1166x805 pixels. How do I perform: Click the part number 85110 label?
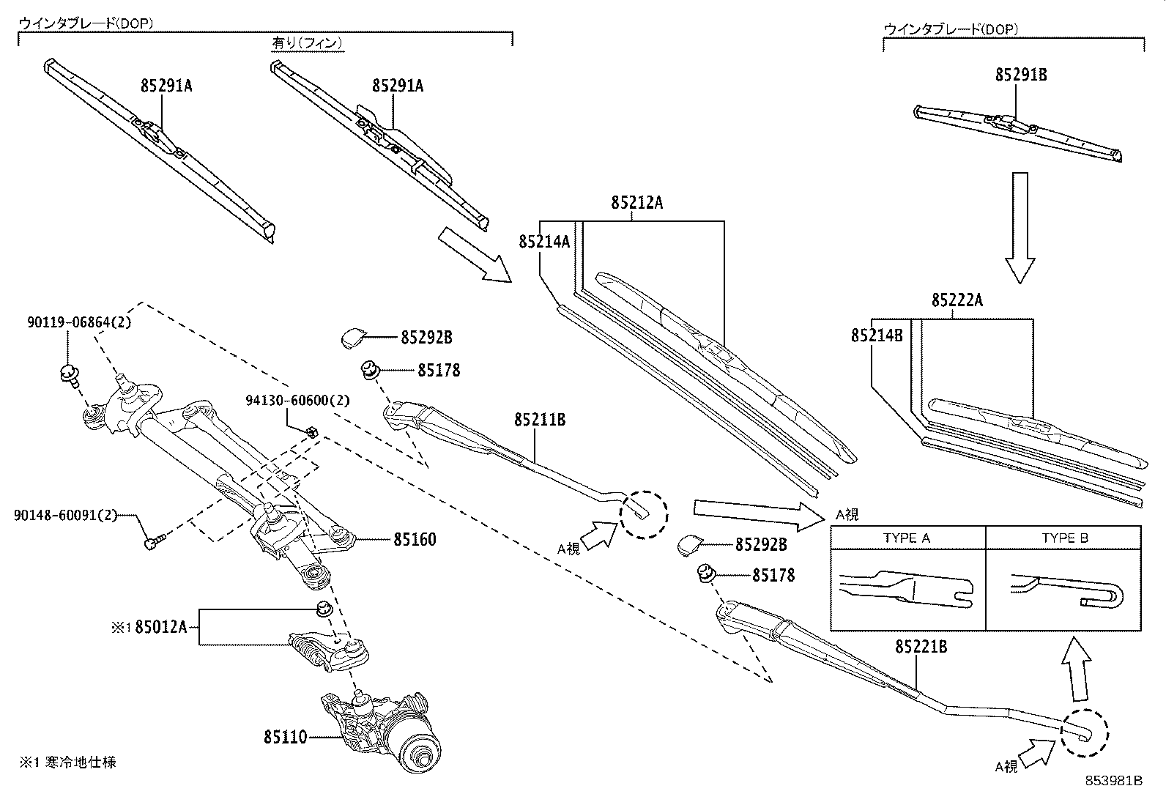[286, 737]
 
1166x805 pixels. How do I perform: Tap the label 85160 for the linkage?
[415, 540]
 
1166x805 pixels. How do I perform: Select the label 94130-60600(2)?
[297, 401]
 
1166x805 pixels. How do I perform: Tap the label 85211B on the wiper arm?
[540, 420]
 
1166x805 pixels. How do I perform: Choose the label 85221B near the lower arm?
[921, 647]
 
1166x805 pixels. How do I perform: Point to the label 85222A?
[957, 300]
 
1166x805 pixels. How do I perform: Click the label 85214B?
[877, 335]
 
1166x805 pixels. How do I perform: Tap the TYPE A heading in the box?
[906, 538]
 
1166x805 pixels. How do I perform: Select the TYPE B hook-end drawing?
[1066, 589]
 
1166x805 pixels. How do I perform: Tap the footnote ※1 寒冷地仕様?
[67, 763]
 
